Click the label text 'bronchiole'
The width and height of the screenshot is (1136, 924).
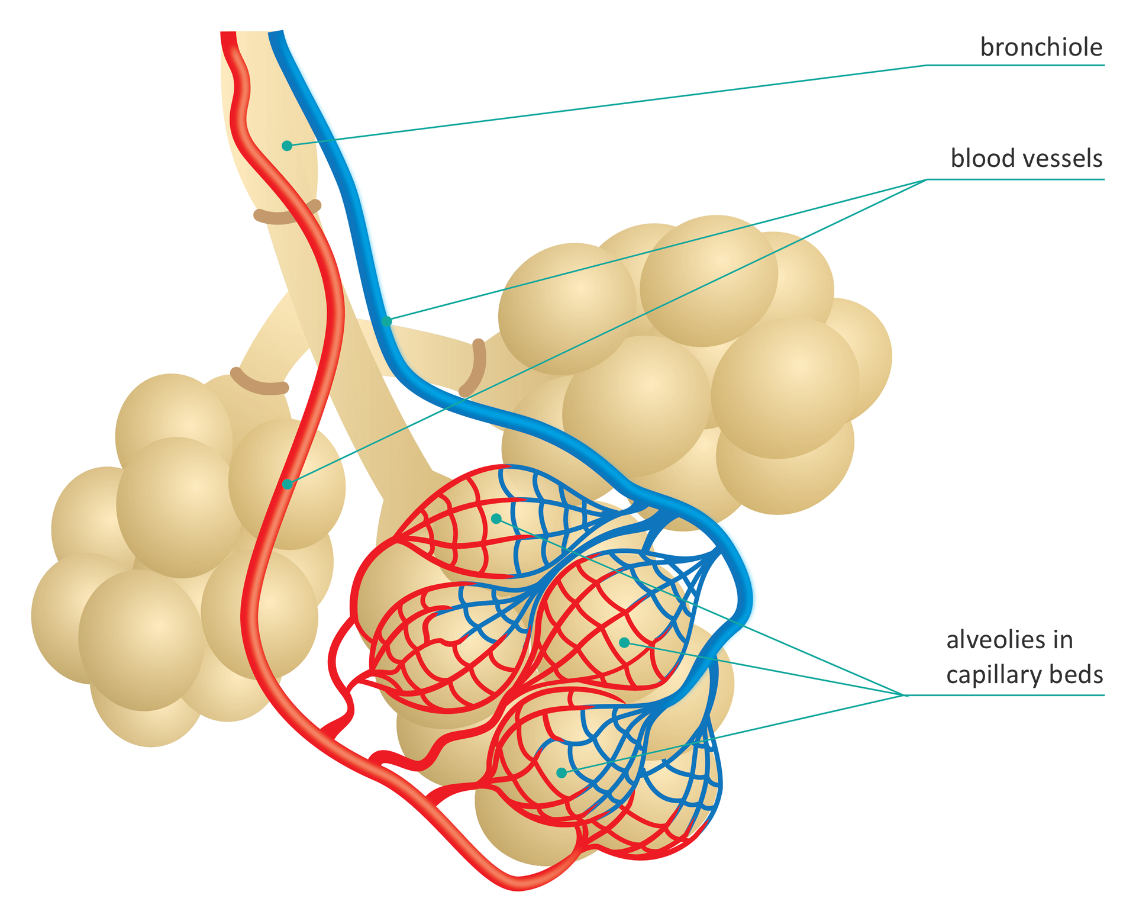[1041, 47]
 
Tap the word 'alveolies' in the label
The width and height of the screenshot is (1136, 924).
[993, 640]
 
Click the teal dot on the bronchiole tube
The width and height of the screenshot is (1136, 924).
[287, 146]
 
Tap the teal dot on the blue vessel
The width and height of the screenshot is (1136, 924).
[386, 321]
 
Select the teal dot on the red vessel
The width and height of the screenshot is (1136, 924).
[288, 484]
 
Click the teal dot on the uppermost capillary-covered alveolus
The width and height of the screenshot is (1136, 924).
[496, 519]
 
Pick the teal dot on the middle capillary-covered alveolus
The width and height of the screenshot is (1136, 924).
[624, 642]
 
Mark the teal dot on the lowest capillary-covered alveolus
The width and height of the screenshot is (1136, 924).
[561, 772]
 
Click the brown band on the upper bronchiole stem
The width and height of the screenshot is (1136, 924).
[287, 214]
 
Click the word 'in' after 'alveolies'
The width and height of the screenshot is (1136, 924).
[1063, 640]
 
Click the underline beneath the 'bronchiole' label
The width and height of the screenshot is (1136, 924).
[1015, 65]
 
